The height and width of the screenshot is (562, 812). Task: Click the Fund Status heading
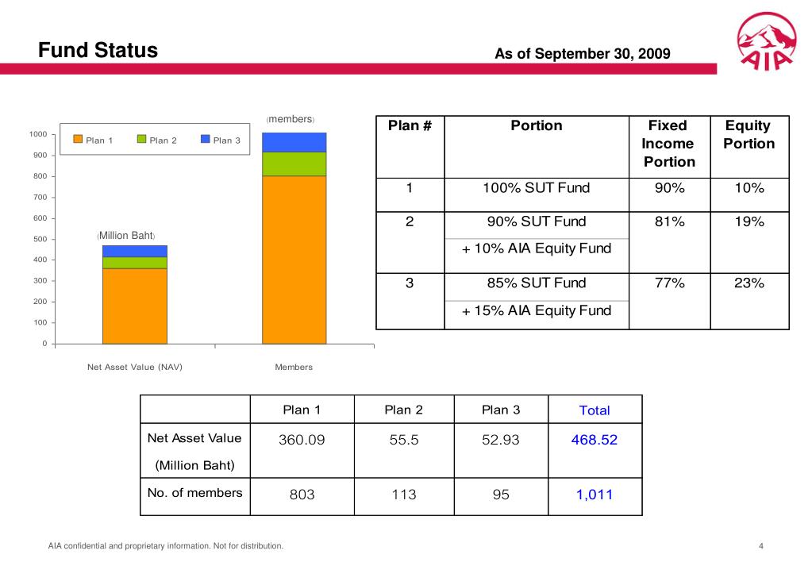click(99, 51)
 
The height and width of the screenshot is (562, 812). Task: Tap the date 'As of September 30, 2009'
click(583, 54)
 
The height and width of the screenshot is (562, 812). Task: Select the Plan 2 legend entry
click(156, 140)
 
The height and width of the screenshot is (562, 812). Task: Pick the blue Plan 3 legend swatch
click(205, 140)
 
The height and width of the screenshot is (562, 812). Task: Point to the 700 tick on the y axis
click(39, 197)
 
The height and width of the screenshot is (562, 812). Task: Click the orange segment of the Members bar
click(294, 259)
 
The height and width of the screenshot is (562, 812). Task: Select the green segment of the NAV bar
click(134, 262)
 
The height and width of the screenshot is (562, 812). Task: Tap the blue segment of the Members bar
click(294, 142)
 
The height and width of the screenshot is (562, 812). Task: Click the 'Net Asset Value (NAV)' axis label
click(134, 367)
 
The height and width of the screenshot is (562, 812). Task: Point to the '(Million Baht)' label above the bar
click(126, 236)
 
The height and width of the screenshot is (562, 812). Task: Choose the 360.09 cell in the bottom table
click(302, 439)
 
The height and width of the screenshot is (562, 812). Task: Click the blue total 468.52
click(594, 439)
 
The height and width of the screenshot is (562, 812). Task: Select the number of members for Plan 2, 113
click(403, 495)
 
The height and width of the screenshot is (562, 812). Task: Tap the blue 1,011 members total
click(594, 495)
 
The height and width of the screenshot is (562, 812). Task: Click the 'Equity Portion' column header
click(749, 135)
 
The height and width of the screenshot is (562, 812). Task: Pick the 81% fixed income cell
click(669, 222)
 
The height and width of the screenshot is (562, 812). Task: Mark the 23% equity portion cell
click(749, 283)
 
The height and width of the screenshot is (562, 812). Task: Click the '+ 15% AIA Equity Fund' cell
click(537, 310)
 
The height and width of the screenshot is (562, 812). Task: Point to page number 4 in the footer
click(761, 545)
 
